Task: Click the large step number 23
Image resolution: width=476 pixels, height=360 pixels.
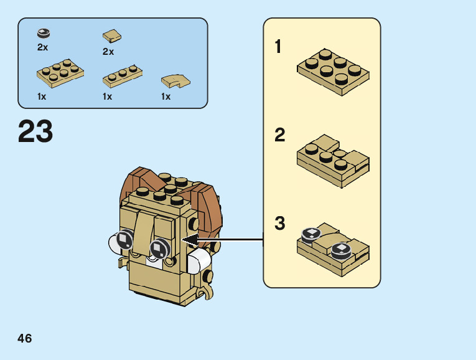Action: [x=35, y=131]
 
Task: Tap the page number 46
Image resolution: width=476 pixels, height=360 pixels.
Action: [x=25, y=338]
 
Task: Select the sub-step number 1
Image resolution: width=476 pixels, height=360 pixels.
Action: [x=278, y=47]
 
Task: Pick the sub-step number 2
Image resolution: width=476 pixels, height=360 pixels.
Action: [x=279, y=135]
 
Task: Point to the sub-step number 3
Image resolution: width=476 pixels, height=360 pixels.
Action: [x=279, y=223]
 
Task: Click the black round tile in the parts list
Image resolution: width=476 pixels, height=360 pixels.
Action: [x=44, y=33]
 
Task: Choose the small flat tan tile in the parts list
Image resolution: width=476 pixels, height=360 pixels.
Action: [x=111, y=36]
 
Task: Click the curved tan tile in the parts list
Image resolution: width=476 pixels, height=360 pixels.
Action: [x=175, y=80]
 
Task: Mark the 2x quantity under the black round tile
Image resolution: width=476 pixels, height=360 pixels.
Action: [x=42, y=47]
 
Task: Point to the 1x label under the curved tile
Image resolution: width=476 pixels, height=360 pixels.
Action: [x=166, y=97]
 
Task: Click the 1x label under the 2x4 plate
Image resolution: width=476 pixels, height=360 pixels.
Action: [x=42, y=97]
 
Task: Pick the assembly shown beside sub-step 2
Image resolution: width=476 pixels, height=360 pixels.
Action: [x=333, y=161]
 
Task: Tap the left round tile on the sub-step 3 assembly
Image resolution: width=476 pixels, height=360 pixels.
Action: [x=310, y=234]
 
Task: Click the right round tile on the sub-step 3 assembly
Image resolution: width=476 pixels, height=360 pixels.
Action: [x=341, y=250]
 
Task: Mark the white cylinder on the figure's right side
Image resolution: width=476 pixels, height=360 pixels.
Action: [x=200, y=262]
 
